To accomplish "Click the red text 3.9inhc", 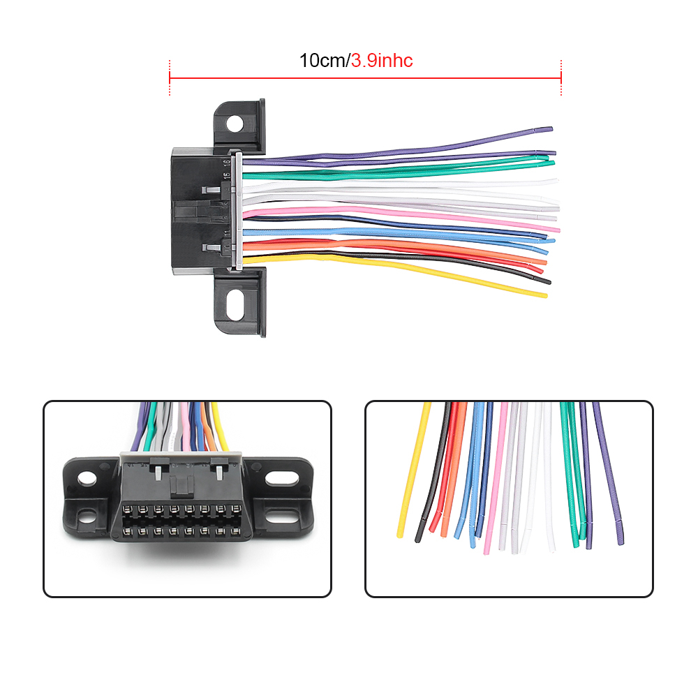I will tap(381, 61).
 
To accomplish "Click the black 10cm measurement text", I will tap(322, 61).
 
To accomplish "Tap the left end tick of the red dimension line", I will tap(170, 77).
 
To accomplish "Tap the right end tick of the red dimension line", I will tap(561, 77).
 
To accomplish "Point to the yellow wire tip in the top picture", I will tap(543, 295).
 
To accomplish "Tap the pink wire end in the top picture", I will tap(556, 229).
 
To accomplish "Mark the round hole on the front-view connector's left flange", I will tap(87, 479).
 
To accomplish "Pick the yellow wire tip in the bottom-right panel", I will tap(401, 533).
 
